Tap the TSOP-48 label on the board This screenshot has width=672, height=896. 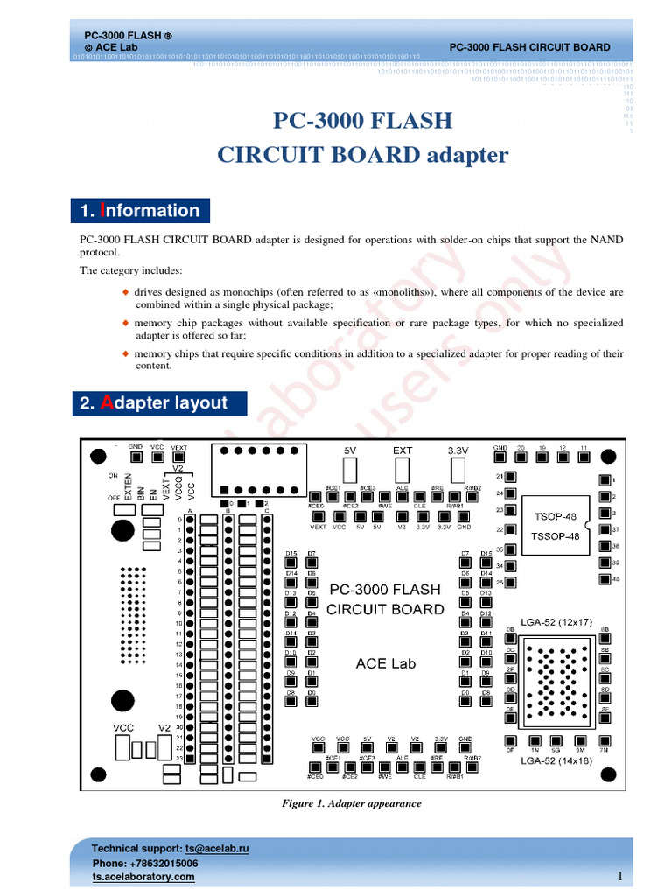[556, 516]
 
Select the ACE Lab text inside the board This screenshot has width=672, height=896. [386, 663]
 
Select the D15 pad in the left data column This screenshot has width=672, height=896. [291, 564]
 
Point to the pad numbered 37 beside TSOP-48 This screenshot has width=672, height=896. [603, 530]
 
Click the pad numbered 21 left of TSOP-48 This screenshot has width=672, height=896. [512, 477]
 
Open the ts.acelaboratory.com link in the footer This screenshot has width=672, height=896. [143, 877]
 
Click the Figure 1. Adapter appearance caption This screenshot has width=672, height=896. [351, 803]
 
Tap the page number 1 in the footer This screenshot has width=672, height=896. [619, 877]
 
